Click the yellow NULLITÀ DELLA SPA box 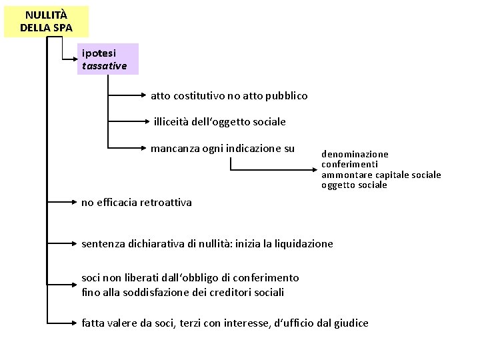pyautogui.click(x=46, y=21)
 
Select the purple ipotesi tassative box pyautogui.click(x=107, y=59)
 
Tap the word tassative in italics pyautogui.click(x=104, y=66)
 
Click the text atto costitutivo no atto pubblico pyautogui.click(x=229, y=96)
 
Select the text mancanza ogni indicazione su pyautogui.click(x=222, y=148)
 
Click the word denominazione pyautogui.click(x=355, y=154)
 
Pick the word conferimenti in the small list pyautogui.click(x=349, y=164)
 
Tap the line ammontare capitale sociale pyautogui.click(x=381, y=175)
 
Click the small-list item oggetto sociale pyautogui.click(x=354, y=185)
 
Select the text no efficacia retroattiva pyautogui.click(x=136, y=202)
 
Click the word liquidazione pyautogui.click(x=303, y=244)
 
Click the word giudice pyautogui.click(x=351, y=323)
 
